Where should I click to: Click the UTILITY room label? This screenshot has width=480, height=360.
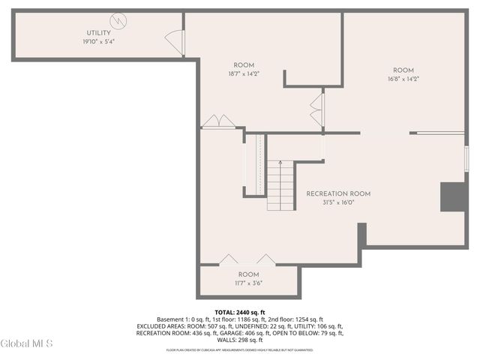[x=98, y=33]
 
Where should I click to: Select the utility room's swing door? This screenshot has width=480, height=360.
[x=174, y=42]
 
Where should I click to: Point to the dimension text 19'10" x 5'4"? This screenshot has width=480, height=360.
[x=98, y=42]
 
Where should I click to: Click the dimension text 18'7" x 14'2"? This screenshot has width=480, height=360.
[x=244, y=73]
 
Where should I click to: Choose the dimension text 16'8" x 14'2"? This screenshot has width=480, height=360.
[x=403, y=79]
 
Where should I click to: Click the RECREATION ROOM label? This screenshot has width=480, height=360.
[x=338, y=193]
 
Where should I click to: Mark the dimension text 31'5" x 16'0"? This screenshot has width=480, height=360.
[x=338, y=202]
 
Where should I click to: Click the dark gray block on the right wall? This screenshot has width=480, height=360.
[x=454, y=196]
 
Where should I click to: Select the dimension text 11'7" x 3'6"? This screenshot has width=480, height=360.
[x=248, y=283]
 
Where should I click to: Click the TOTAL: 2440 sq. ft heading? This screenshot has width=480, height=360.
[x=240, y=312]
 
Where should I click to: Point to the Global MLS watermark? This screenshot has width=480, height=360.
[x=27, y=343]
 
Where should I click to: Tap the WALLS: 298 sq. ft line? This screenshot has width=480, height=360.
[x=240, y=340]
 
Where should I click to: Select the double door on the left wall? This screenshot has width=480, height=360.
[x=216, y=121]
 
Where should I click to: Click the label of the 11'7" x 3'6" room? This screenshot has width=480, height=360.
[x=248, y=274]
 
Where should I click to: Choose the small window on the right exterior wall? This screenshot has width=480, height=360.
[x=466, y=158]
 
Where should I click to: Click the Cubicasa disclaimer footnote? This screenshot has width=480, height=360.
[x=240, y=349]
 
